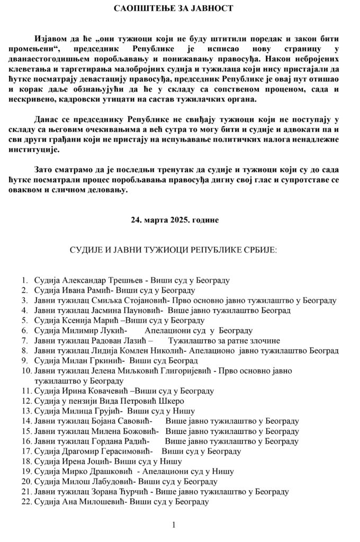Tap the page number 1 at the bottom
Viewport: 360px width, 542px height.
(174, 525)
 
